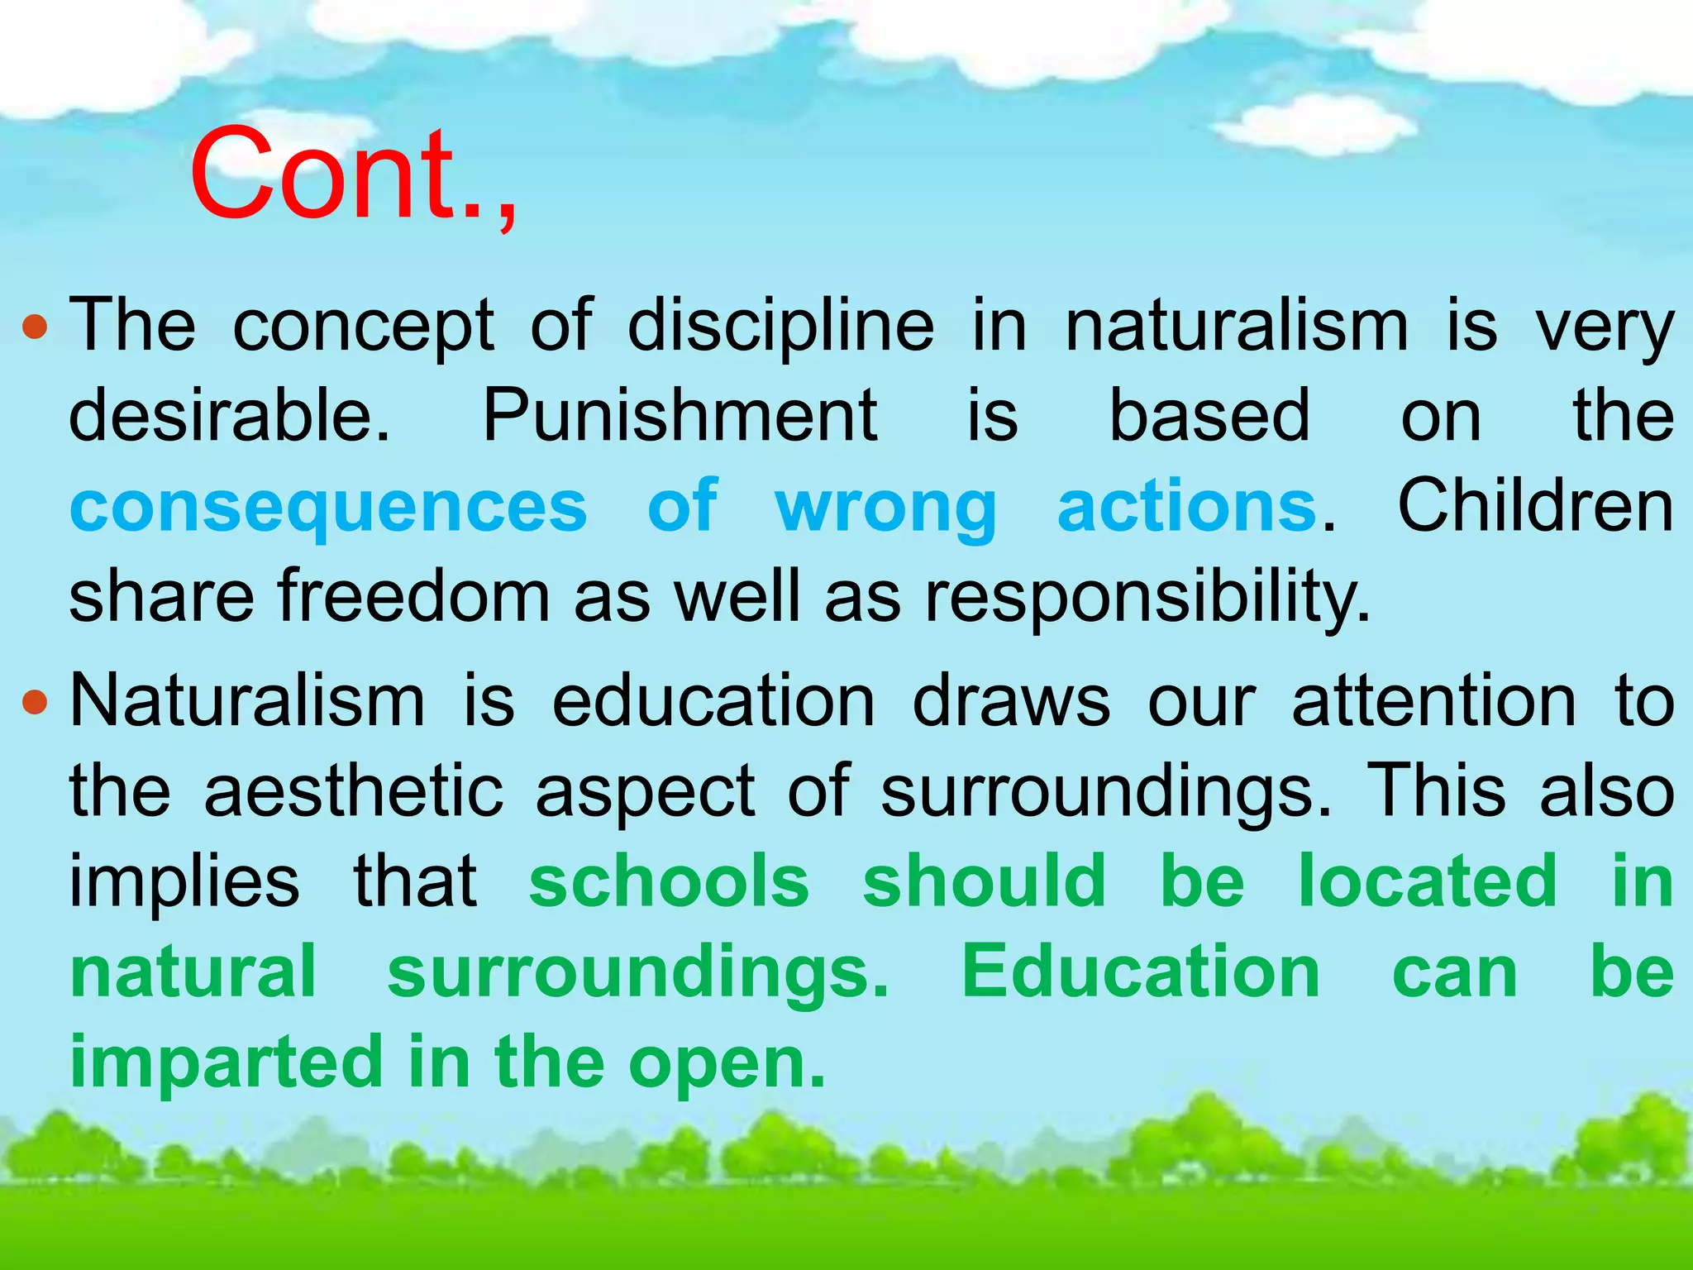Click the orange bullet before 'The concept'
coord(35,328)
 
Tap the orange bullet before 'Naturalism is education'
coord(35,704)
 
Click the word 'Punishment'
coord(680,416)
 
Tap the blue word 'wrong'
coord(886,508)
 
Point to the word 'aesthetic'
coord(354,791)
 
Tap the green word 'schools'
coord(669,881)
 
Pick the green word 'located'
coord(1428,881)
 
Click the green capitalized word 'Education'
coord(1141,972)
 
